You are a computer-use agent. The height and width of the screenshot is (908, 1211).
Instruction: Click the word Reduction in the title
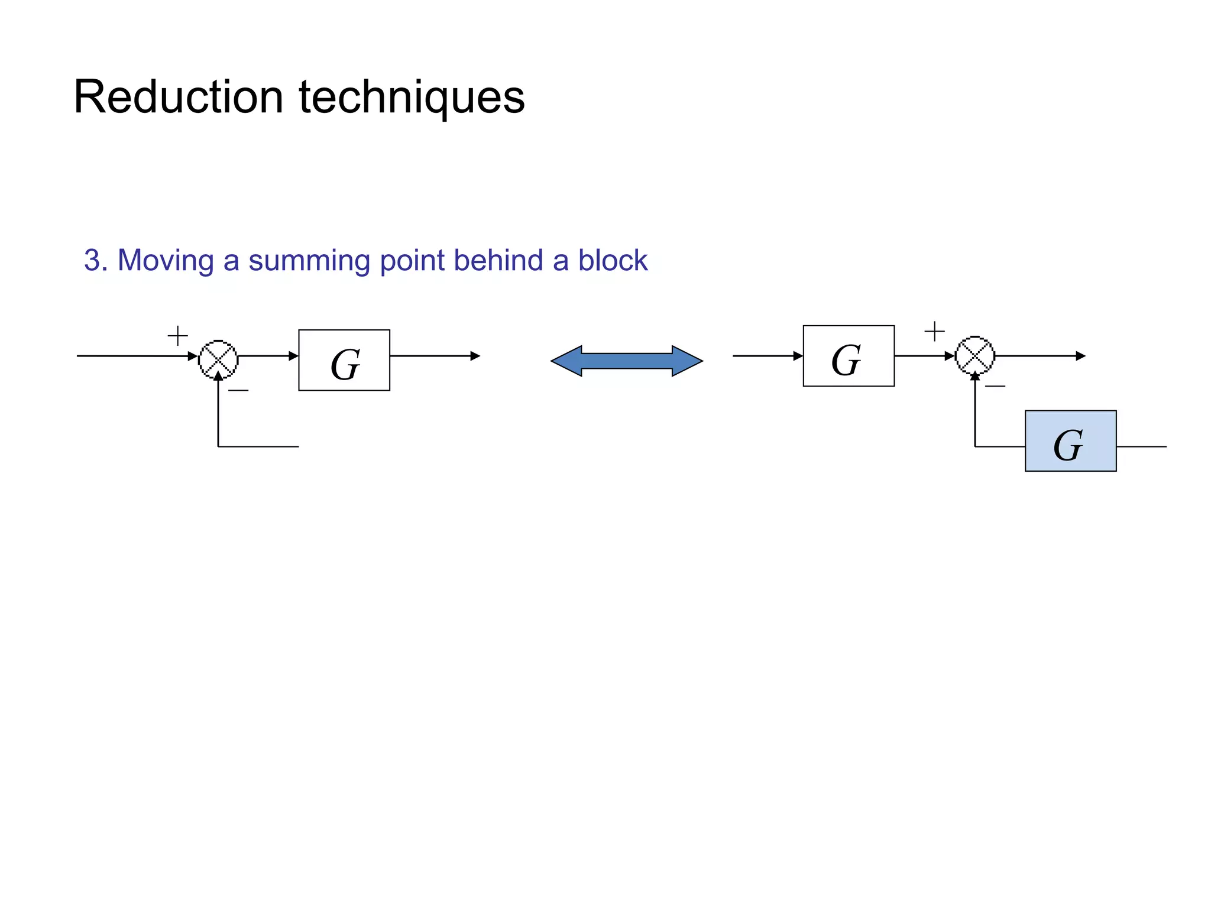(x=178, y=98)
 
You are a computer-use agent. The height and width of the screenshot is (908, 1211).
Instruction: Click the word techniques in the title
(x=412, y=98)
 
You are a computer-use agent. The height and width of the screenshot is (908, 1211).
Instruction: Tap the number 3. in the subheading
(x=96, y=261)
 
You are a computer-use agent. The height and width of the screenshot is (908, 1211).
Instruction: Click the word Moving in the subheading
(x=166, y=261)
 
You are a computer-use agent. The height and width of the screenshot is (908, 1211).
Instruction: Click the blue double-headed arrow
(x=627, y=361)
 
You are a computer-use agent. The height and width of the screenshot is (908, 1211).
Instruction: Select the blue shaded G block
(x=1070, y=441)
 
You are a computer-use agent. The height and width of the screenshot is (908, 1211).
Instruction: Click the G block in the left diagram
(x=344, y=360)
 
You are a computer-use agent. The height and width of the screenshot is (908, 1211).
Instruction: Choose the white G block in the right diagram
(x=849, y=356)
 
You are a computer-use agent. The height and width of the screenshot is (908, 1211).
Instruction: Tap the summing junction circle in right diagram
(x=975, y=355)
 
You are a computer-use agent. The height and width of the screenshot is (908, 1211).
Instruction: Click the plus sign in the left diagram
(x=177, y=336)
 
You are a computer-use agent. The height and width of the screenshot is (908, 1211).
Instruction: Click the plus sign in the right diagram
(x=934, y=331)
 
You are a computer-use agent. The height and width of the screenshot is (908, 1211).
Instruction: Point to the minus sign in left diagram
(x=238, y=390)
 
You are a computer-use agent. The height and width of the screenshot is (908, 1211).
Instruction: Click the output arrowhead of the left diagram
(x=475, y=356)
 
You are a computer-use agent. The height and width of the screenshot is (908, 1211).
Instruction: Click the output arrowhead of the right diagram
(x=1080, y=356)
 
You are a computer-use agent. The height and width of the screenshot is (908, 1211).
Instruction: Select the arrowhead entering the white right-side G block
(x=798, y=356)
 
